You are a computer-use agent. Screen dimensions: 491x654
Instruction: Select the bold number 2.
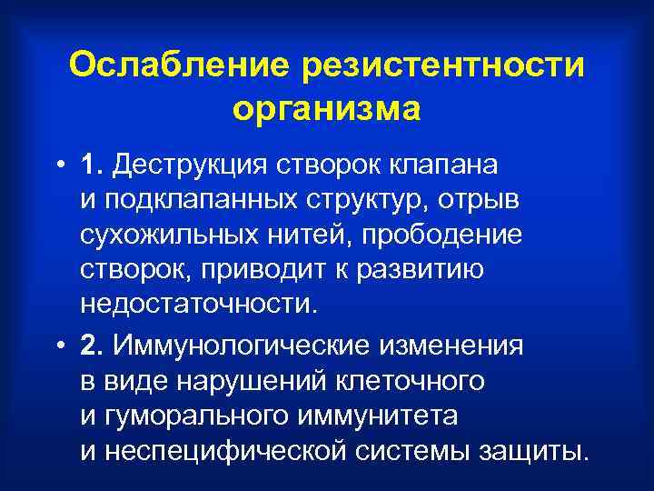(x=116, y=346)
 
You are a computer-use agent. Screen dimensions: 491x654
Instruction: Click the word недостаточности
(x=213, y=303)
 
